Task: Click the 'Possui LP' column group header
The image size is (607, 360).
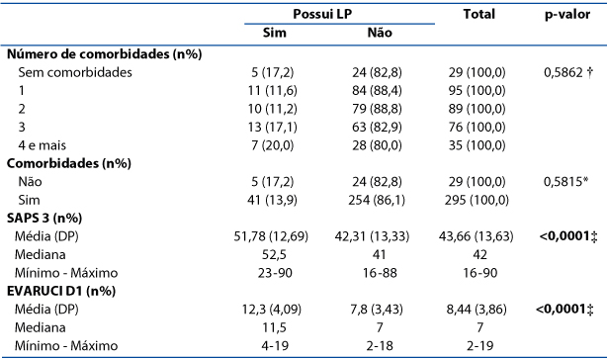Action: (x=322, y=14)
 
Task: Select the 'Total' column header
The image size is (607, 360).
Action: (x=479, y=14)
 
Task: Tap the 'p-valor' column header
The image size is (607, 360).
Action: (x=567, y=15)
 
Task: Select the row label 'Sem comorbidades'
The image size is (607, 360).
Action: (x=75, y=72)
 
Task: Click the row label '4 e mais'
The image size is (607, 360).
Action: (x=43, y=145)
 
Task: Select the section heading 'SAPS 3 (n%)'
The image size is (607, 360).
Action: (x=44, y=218)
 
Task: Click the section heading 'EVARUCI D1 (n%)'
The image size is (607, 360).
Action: (x=61, y=291)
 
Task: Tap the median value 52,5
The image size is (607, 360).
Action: (x=275, y=254)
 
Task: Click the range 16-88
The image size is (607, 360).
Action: (x=380, y=273)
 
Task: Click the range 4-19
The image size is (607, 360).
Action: (x=275, y=346)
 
